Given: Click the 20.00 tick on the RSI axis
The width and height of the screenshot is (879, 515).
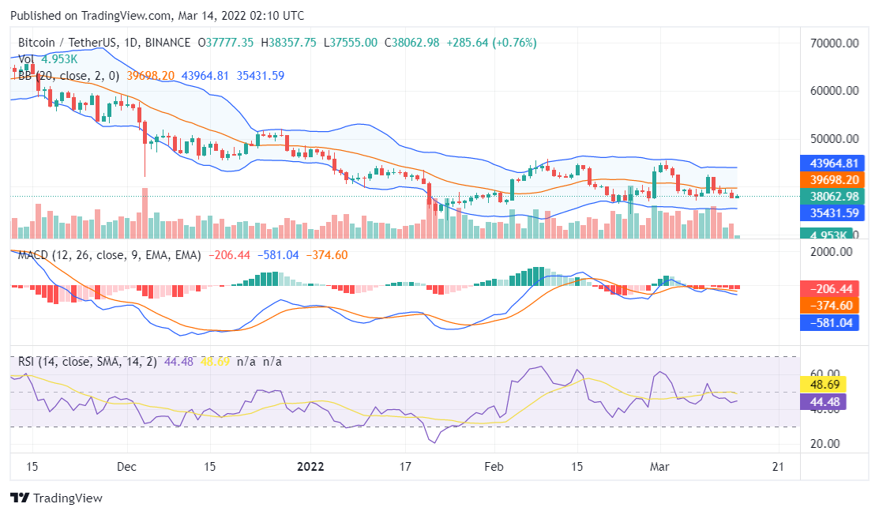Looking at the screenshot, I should (x=824, y=444).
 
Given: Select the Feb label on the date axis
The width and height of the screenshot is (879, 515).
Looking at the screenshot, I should (x=494, y=466).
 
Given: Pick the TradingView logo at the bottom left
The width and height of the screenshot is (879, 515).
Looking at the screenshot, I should (x=56, y=498).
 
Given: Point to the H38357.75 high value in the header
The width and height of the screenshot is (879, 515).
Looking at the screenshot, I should (x=288, y=43).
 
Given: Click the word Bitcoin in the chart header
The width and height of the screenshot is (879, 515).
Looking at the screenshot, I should (x=38, y=43).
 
